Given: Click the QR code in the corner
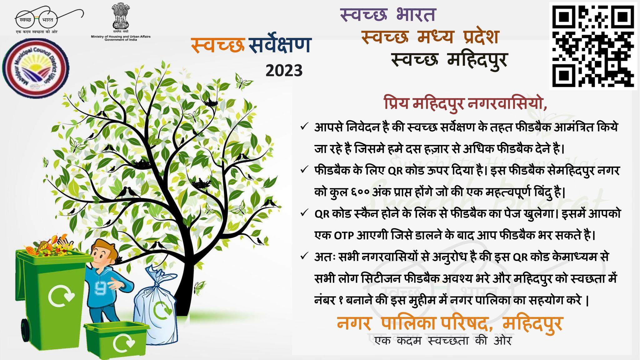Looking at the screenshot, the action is click(593, 45).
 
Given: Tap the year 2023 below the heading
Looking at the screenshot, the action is click(284, 71).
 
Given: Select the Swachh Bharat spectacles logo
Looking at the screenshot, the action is click(50, 19).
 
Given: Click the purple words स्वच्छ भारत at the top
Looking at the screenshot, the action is click(388, 15).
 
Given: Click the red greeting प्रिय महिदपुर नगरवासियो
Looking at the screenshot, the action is click(466, 104).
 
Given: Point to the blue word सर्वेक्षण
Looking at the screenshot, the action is click(279, 46).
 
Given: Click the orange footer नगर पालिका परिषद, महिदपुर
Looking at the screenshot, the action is click(450, 324).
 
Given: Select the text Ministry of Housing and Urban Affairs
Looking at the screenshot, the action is click(121, 37).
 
